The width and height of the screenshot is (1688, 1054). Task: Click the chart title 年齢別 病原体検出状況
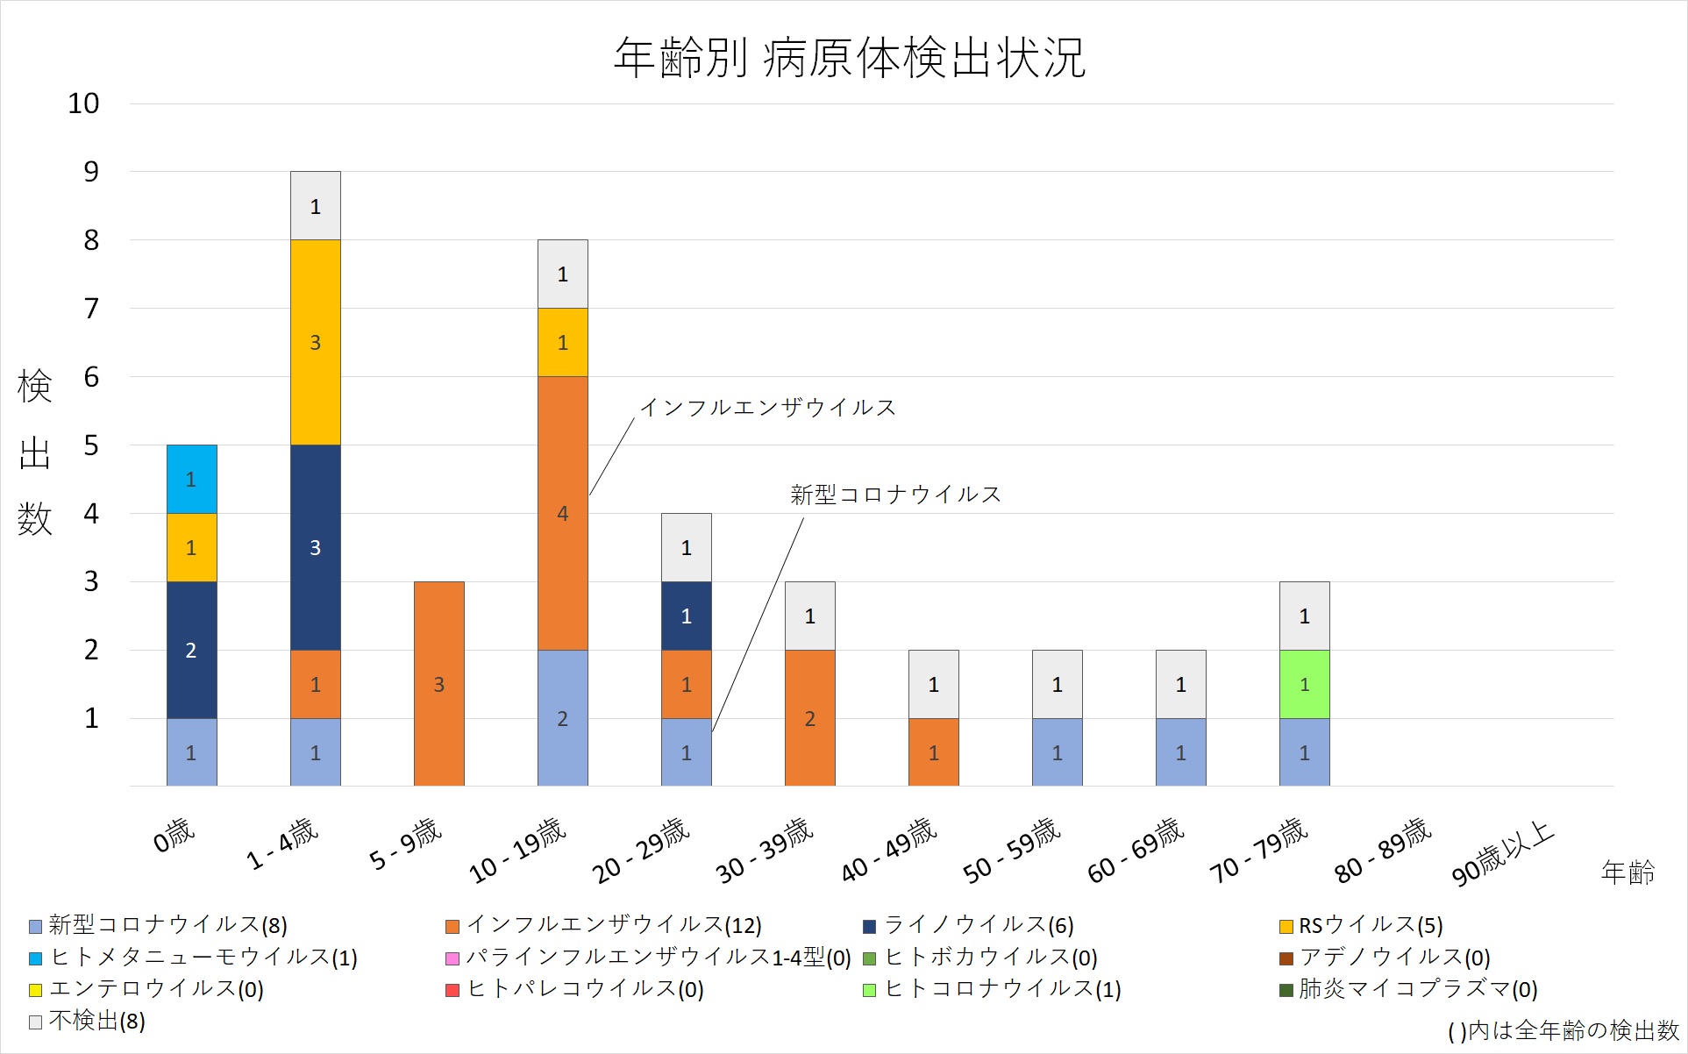pos(849,58)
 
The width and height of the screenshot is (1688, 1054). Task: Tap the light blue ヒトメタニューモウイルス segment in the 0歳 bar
pos(191,479)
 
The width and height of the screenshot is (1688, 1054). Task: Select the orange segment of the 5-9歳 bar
pos(438,683)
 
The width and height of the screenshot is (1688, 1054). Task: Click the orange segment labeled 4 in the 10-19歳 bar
pos(562,513)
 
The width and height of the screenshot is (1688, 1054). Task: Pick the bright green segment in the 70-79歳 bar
pos(1304,684)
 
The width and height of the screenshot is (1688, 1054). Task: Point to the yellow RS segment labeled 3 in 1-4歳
pos(315,342)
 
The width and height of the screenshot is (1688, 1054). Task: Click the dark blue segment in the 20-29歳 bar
pos(686,616)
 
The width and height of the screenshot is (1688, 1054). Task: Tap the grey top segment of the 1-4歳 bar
pos(315,206)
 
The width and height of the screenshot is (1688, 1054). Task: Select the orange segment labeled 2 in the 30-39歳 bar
pos(809,717)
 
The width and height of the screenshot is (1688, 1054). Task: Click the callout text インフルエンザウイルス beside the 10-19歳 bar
pos(767,408)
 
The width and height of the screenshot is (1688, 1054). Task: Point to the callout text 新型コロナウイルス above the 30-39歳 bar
pos(894,495)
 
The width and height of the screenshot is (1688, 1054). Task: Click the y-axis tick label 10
pos(83,103)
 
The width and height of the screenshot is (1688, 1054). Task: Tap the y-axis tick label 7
pos(90,309)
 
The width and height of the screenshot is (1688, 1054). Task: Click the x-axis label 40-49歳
pos(889,850)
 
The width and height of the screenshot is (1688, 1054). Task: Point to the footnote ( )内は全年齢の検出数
pos(1563,1030)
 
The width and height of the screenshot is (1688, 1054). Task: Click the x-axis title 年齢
pos(1627,872)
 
